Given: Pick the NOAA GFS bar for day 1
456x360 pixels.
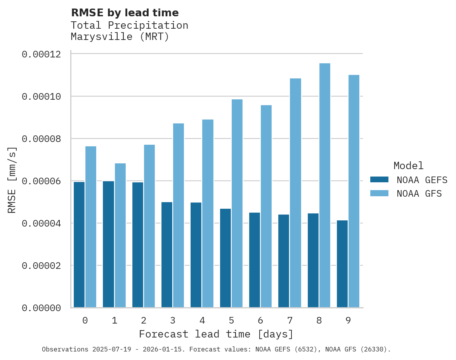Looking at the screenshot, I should pyautogui.click(x=120, y=235).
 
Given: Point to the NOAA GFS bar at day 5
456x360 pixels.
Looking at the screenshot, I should pyautogui.click(x=237, y=203).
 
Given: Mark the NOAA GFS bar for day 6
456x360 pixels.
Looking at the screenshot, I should pyautogui.click(x=266, y=206).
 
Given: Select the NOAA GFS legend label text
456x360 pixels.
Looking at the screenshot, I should pyautogui.click(x=419, y=193).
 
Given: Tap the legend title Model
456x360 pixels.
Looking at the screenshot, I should pyautogui.click(x=408, y=166).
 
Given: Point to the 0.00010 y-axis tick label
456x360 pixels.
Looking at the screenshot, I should pyautogui.click(x=42, y=97).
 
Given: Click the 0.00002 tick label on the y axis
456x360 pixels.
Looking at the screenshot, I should pyautogui.click(x=42, y=266).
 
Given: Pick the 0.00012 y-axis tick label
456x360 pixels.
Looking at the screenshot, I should pyautogui.click(x=42, y=54).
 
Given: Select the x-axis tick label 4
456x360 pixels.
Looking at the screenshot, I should pyautogui.click(x=202, y=321).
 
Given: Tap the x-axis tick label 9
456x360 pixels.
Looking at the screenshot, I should pyautogui.click(x=348, y=321).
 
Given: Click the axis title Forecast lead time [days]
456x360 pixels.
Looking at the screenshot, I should pyautogui.click(x=216, y=334).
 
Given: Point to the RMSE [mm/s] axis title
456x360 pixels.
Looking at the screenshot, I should pyautogui.click(x=12, y=180).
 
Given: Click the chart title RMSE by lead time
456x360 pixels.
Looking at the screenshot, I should pyautogui.click(x=125, y=13).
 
